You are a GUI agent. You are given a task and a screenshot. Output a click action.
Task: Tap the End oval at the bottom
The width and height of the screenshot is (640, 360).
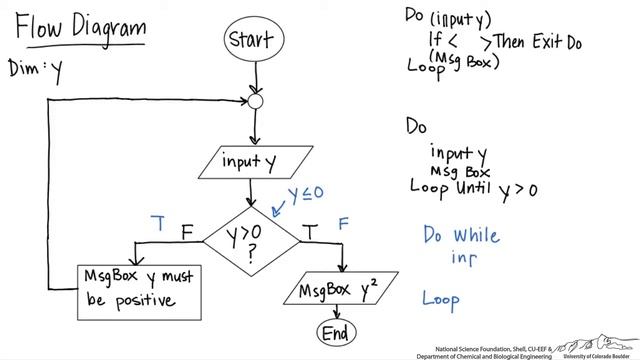(x=338, y=331)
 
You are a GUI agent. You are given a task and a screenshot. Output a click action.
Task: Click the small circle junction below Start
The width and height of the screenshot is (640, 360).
(x=255, y=102)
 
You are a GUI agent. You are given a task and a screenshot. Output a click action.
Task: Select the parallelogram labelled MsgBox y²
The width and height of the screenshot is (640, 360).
(x=337, y=291)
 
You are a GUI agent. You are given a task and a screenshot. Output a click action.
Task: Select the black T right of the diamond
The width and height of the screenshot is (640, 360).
(x=311, y=232)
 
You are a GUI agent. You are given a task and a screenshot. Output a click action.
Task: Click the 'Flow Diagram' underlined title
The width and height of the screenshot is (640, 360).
(x=80, y=28)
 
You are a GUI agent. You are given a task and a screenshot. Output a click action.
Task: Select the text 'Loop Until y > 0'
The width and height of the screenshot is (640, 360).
(x=474, y=187)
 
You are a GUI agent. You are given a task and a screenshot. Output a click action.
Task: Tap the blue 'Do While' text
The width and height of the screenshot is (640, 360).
(x=461, y=235)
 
